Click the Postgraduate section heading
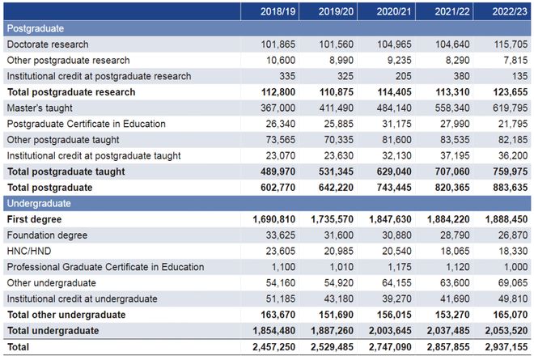(36, 28)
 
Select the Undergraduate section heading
(40, 203)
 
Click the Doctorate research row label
(48, 44)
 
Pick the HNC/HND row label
(31, 251)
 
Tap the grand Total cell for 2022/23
(504, 346)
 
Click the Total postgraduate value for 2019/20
(334, 188)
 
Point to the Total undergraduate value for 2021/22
(447, 330)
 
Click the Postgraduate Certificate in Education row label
(86, 124)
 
